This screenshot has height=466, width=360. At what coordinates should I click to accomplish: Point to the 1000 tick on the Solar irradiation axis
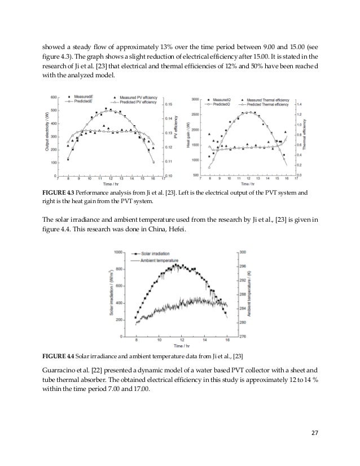[119, 252]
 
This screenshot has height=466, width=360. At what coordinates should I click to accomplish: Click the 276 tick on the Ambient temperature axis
[236, 337]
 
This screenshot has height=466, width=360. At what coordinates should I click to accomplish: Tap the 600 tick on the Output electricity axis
[55, 97]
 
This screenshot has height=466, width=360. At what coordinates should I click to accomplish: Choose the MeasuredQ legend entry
[220, 99]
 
